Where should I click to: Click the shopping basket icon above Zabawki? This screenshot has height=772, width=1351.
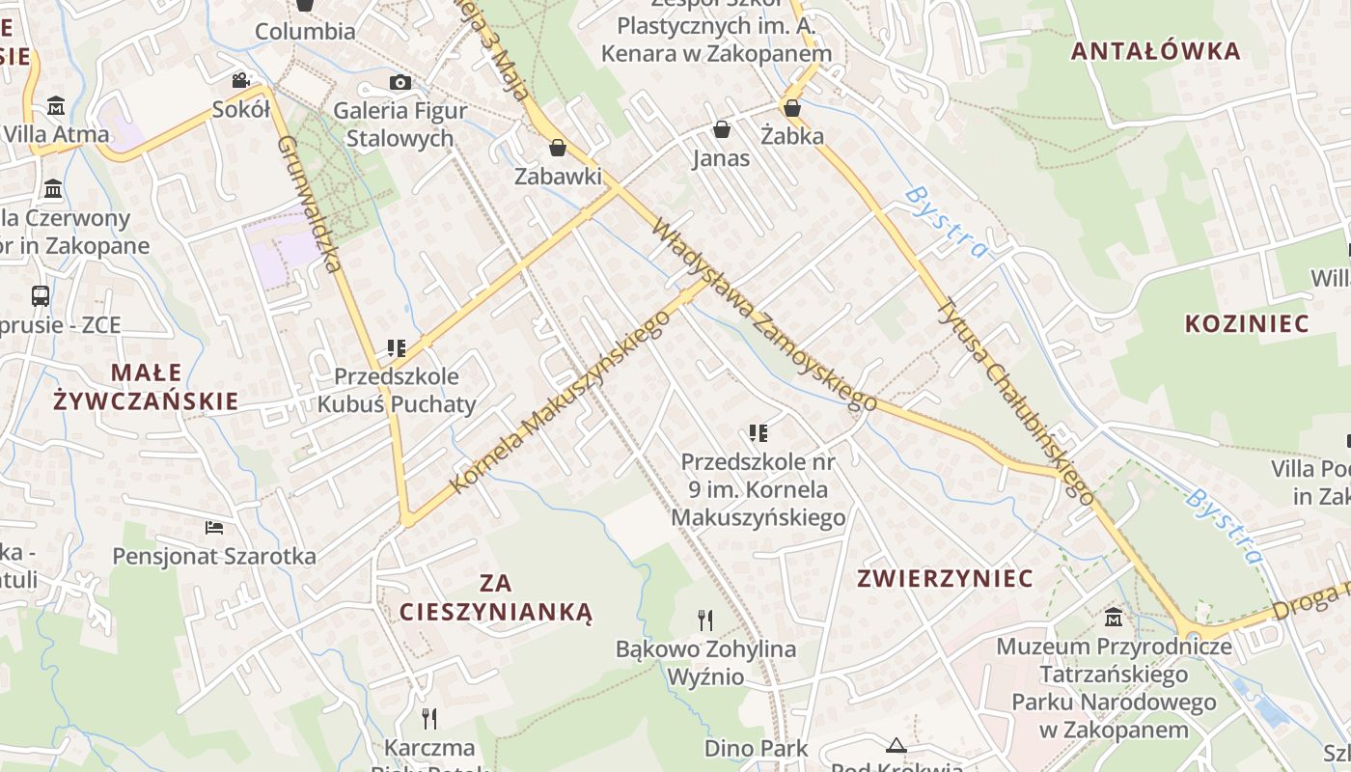(557, 148)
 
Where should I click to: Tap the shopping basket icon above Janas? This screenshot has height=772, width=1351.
(721, 129)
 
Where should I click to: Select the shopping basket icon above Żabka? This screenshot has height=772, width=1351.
(792, 108)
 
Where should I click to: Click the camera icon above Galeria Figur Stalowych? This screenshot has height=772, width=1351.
(400, 83)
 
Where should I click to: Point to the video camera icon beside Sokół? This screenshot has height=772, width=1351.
(240, 80)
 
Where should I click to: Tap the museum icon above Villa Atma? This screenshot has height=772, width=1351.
(55, 105)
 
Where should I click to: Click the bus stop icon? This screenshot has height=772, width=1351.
(41, 296)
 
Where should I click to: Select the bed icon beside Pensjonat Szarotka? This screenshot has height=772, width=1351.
(214, 528)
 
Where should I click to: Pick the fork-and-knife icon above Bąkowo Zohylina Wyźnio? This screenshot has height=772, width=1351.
(705, 620)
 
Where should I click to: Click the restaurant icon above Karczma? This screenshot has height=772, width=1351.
(429, 718)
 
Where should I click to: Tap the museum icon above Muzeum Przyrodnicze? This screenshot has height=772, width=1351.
(1114, 617)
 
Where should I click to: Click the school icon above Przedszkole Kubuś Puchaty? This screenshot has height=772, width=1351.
(396, 347)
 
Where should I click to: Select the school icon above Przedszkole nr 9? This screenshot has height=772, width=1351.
(758, 433)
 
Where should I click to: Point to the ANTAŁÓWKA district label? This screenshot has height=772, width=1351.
(1156, 51)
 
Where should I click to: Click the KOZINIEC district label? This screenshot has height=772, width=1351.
(1247, 323)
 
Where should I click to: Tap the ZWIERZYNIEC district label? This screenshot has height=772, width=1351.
(946, 578)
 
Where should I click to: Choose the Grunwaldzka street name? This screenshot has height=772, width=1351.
(311, 204)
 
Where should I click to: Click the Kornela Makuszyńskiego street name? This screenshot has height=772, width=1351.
(560, 401)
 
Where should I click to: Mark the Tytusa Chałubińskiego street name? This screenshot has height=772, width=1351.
(1016, 400)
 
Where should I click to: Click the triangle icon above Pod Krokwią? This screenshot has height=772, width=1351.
(897, 744)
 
